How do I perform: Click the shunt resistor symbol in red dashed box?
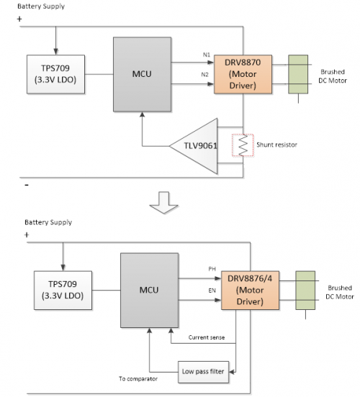click(x=241, y=145)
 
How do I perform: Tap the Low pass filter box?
click(x=204, y=372)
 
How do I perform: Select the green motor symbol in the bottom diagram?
click(x=305, y=291)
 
